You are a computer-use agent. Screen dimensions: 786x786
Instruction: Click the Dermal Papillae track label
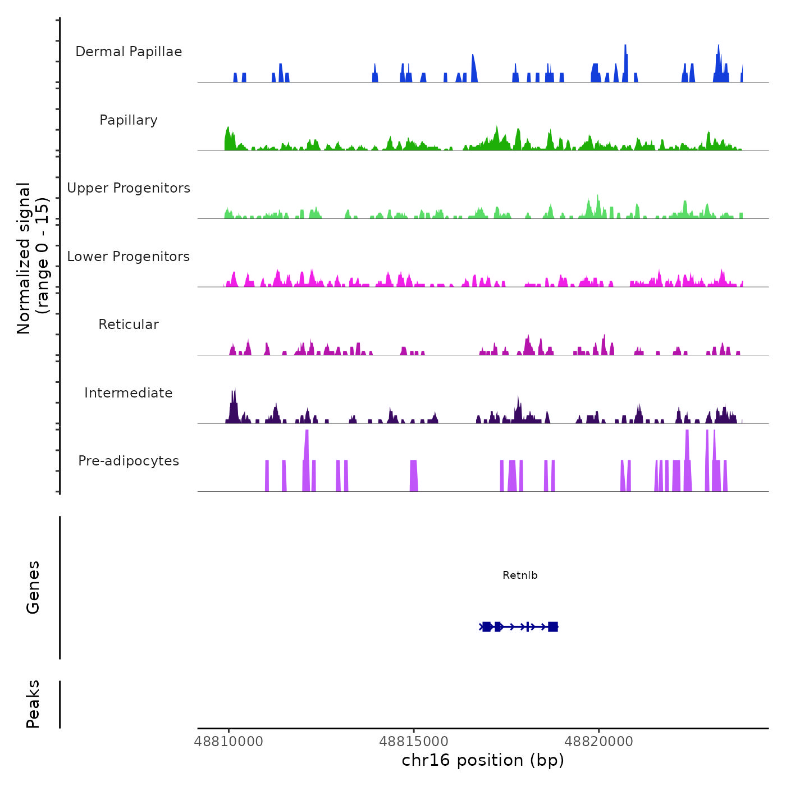point(129,52)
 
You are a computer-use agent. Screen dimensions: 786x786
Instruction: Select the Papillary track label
point(129,120)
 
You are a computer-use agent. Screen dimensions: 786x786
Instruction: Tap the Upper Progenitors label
point(129,188)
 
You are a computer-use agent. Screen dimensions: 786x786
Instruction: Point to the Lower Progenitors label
point(129,257)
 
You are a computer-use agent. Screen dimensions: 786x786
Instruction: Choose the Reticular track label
point(129,325)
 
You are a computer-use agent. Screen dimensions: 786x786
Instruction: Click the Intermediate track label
point(129,393)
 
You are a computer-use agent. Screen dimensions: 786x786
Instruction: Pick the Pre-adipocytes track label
point(129,461)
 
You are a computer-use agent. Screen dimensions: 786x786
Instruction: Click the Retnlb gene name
point(520,575)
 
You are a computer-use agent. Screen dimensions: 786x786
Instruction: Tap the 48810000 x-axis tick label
point(229,742)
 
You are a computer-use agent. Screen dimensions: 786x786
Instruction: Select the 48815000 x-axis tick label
point(414,742)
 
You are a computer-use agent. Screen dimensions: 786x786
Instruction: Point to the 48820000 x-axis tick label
point(598,742)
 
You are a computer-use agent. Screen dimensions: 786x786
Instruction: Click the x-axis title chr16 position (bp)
point(483,760)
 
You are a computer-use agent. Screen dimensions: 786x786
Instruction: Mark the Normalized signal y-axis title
point(33,258)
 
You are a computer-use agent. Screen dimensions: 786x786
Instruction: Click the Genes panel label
point(33,587)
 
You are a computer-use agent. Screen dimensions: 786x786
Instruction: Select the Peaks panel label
point(33,704)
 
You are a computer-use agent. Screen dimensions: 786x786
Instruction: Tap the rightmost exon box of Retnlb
point(553,627)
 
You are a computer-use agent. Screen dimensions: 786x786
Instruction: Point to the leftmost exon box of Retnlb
point(487,627)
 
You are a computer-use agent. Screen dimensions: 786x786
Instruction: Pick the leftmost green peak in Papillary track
point(227,138)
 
